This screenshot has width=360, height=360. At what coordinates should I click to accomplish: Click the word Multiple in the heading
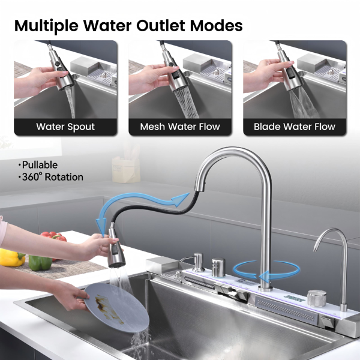click(46, 26)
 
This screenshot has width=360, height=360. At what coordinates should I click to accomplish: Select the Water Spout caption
click(65, 127)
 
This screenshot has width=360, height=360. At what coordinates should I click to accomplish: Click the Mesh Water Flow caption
click(180, 127)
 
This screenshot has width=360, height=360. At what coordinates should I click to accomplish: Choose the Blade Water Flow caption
click(295, 127)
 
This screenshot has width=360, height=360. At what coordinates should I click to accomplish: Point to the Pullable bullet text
click(38, 165)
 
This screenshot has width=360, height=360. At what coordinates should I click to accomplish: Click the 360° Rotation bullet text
click(51, 177)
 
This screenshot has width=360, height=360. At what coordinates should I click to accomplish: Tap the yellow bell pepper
click(11, 257)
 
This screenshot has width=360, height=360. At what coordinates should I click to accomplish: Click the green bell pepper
click(40, 262)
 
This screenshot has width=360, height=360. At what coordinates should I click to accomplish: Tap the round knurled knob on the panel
click(317, 298)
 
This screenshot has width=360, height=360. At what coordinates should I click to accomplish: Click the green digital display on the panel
click(294, 298)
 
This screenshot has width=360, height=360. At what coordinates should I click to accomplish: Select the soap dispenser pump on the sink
click(199, 262)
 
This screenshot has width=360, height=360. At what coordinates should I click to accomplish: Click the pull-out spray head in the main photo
click(116, 248)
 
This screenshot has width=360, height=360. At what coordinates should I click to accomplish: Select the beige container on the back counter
click(126, 170)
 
